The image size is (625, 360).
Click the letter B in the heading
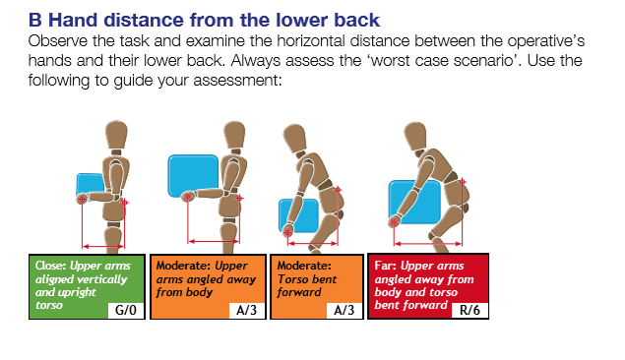pyautogui.click(x=35, y=20)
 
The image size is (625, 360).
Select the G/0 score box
pyautogui.click(x=126, y=310)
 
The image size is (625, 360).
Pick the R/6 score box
pyautogui.click(x=469, y=310)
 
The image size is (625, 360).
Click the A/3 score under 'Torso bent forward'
pyautogui.click(x=344, y=310)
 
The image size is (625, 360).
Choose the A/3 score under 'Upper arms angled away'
pyautogui.click(x=247, y=310)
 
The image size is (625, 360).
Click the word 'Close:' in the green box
pyautogui.click(x=50, y=266)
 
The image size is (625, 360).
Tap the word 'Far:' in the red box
pyautogui.click(x=385, y=266)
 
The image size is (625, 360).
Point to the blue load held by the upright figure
pyautogui.click(x=90, y=186)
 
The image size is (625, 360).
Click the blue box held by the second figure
pyautogui.click(x=193, y=176)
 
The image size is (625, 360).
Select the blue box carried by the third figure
pyautogui.click(x=299, y=215)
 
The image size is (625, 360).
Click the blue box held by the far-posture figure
pyautogui.click(x=414, y=202)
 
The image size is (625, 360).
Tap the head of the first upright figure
pyautogui.click(x=116, y=135)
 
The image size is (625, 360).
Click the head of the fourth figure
pyautogui.click(x=415, y=136)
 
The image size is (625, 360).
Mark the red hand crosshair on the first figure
pyautogui.click(x=82, y=199)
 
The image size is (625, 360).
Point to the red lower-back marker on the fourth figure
pyautogui.click(x=462, y=182)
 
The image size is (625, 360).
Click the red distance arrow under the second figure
pyautogui.click(x=214, y=241)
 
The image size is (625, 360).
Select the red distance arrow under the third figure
pyautogui.click(x=313, y=243)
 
